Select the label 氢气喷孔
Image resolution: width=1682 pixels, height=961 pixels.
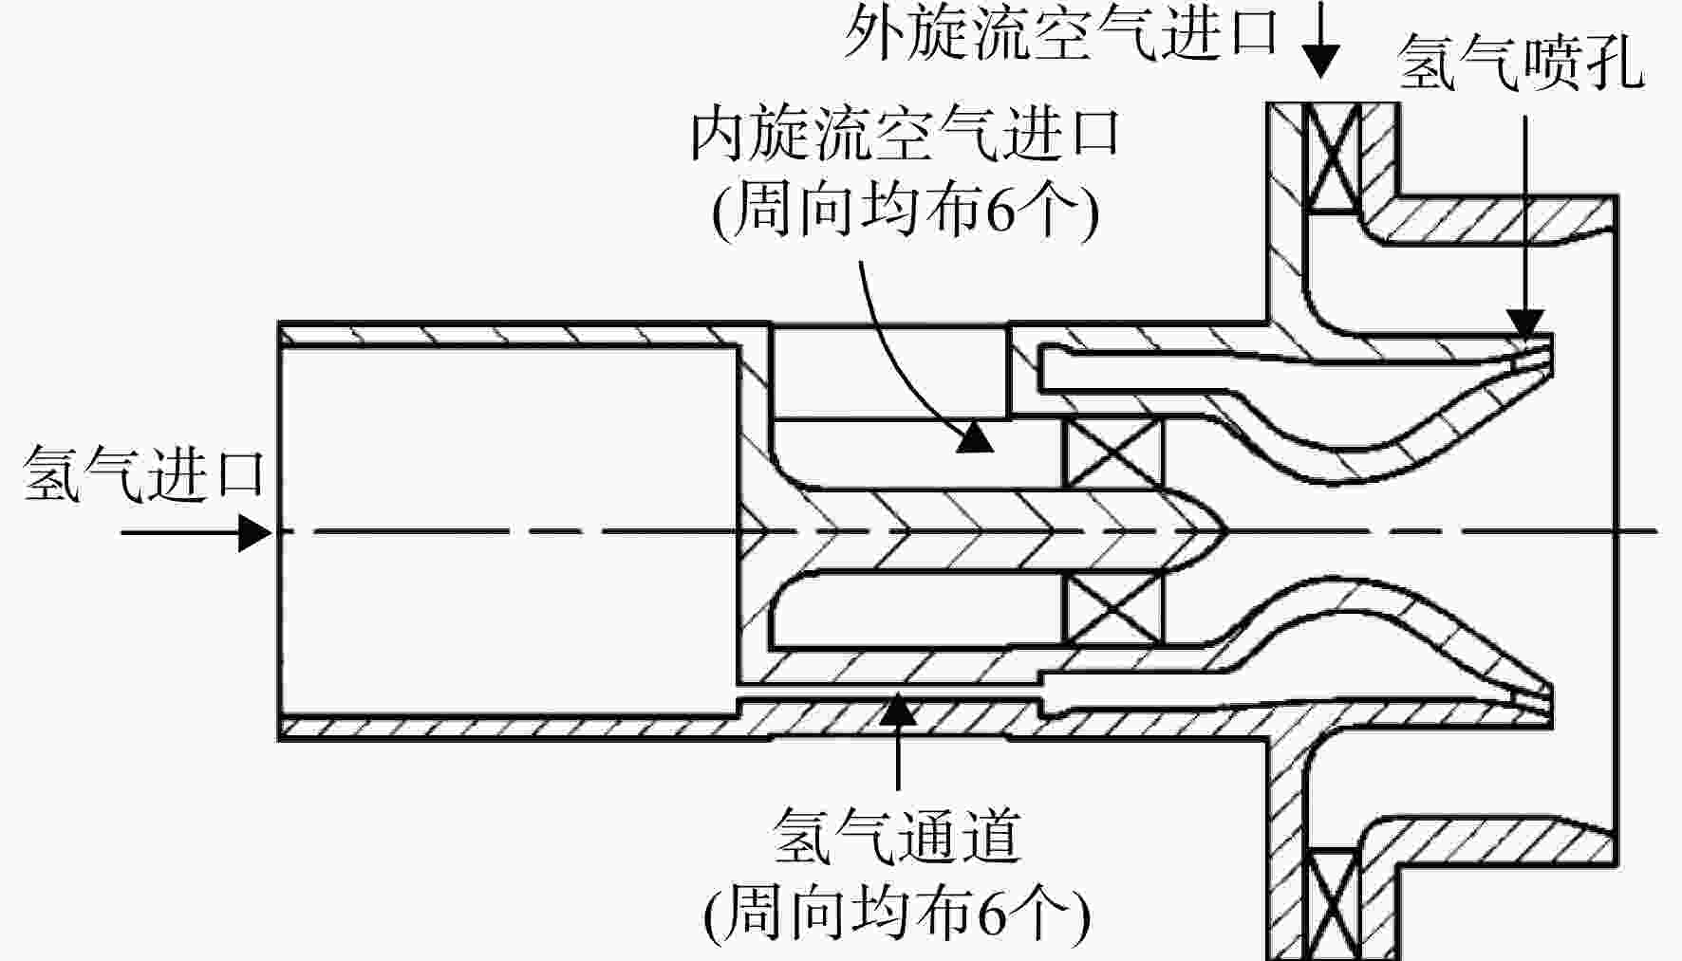click(1522, 63)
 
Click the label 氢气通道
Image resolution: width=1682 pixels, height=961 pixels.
click(897, 835)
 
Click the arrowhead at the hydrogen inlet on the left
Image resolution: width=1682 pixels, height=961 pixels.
click(254, 532)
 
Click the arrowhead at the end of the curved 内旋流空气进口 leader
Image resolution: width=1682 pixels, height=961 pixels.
click(975, 437)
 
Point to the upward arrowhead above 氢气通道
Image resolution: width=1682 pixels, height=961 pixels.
click(898, 709)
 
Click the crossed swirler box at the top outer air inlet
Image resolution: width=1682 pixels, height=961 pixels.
click(1333, 157)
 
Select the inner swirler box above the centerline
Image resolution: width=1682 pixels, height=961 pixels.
click(1112, 453)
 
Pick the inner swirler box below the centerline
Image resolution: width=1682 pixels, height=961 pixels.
click(1112, 610)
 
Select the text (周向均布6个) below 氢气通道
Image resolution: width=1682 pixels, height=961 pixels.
click(897, 913)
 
